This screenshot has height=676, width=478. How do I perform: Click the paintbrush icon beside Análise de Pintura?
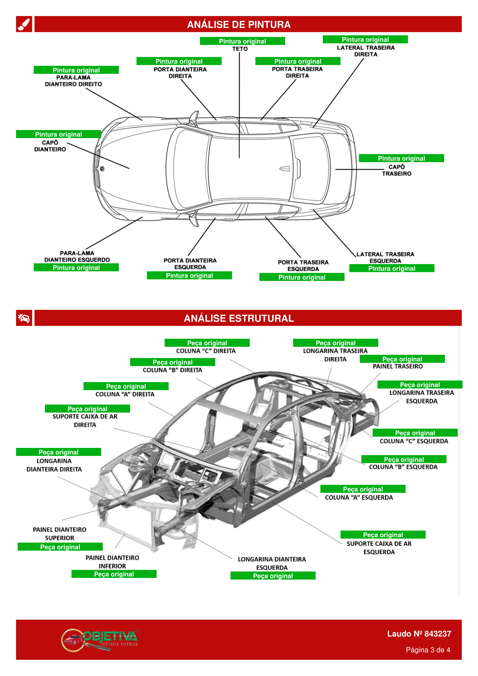24,24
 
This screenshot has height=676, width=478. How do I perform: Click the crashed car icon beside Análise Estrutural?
24,318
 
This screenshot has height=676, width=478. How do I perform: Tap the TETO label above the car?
240,49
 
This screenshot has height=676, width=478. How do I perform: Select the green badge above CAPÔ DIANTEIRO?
58,134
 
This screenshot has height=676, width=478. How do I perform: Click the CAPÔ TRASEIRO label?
396,170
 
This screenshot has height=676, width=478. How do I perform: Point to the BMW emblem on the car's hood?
102,169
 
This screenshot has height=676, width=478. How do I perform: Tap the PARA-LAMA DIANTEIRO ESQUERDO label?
77,256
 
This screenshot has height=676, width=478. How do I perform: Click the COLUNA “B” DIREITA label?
172,370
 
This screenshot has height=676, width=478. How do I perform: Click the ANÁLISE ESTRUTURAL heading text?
239,318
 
